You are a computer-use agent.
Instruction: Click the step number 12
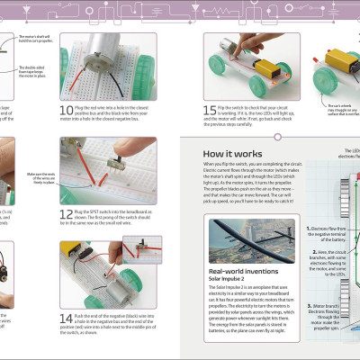[x=67, y=214]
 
